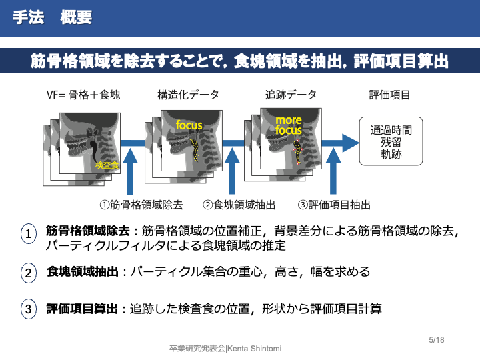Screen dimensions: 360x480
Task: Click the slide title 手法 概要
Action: click(52, 18)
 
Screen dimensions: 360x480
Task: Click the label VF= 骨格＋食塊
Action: click(83, 95)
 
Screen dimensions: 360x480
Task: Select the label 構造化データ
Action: click(187, 95)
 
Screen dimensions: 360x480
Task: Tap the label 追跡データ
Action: click(291, 95)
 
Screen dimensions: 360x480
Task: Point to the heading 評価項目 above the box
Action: click(389, 95)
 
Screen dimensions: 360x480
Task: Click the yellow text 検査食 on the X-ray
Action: click(107, 165)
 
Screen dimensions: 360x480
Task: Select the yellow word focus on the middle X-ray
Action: click(189, 125)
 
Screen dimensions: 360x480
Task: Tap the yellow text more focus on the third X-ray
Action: click(289, 125)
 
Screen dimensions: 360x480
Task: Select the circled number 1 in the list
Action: click(28, 234)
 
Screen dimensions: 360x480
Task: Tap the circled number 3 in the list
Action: click(28, 309)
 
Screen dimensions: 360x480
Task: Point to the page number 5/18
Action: click(436, 340)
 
